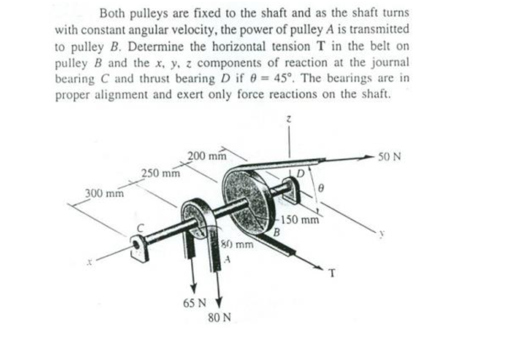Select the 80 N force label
[219, 317]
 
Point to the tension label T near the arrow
[331, 274]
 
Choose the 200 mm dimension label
[207, 155]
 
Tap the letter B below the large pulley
[276, 233]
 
